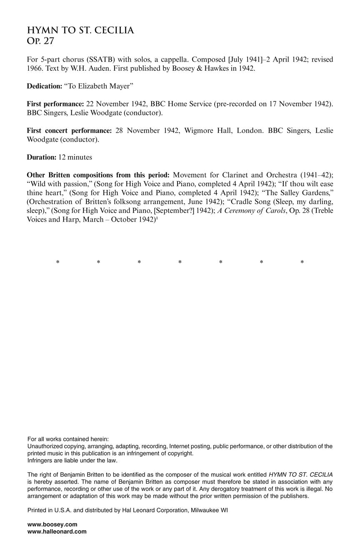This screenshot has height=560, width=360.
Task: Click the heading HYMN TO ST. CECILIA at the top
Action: coord(80,30)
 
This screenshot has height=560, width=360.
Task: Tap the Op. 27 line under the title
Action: coord(40,41)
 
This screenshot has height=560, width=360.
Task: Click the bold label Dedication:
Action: coord(44,86)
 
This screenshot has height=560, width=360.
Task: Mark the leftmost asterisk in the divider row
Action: coord(57,262)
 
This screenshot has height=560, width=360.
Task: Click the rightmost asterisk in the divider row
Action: coord(302,262)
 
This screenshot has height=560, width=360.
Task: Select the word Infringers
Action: coord(40,460)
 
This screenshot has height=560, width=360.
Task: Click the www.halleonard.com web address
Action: coord(57,532)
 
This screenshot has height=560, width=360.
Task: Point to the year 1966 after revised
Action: coord(34,69)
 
